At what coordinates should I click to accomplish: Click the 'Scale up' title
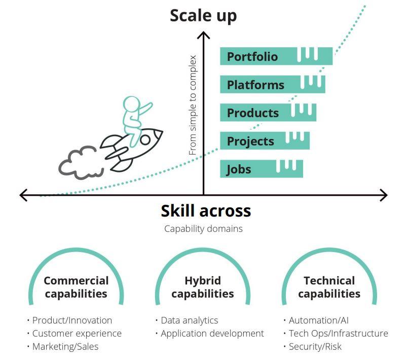(203, 16)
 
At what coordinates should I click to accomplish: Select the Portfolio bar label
(252, 56)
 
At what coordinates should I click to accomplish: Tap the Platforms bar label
(255, 85)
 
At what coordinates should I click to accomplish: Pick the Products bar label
(253, 113)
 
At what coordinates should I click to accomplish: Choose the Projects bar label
(250, 141)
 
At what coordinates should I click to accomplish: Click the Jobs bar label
(239, 169)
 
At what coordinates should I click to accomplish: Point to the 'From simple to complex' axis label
(193, 105)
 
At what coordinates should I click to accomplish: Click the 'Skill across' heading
(206, 210)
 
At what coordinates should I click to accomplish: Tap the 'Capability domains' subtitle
(203, 229)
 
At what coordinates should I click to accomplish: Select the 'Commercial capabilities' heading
(76, 287)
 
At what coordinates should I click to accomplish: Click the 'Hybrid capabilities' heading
(203, 287)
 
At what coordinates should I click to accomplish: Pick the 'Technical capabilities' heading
(329, 287)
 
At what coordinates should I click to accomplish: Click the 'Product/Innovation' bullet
(72, 320)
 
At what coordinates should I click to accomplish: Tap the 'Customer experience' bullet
(77, 334)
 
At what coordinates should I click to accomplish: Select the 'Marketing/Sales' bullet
(65, 347)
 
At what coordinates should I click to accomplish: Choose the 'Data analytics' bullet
(189, 320)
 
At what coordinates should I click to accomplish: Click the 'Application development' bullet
(212, 334)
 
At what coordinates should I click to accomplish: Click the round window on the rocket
(145, 139)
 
